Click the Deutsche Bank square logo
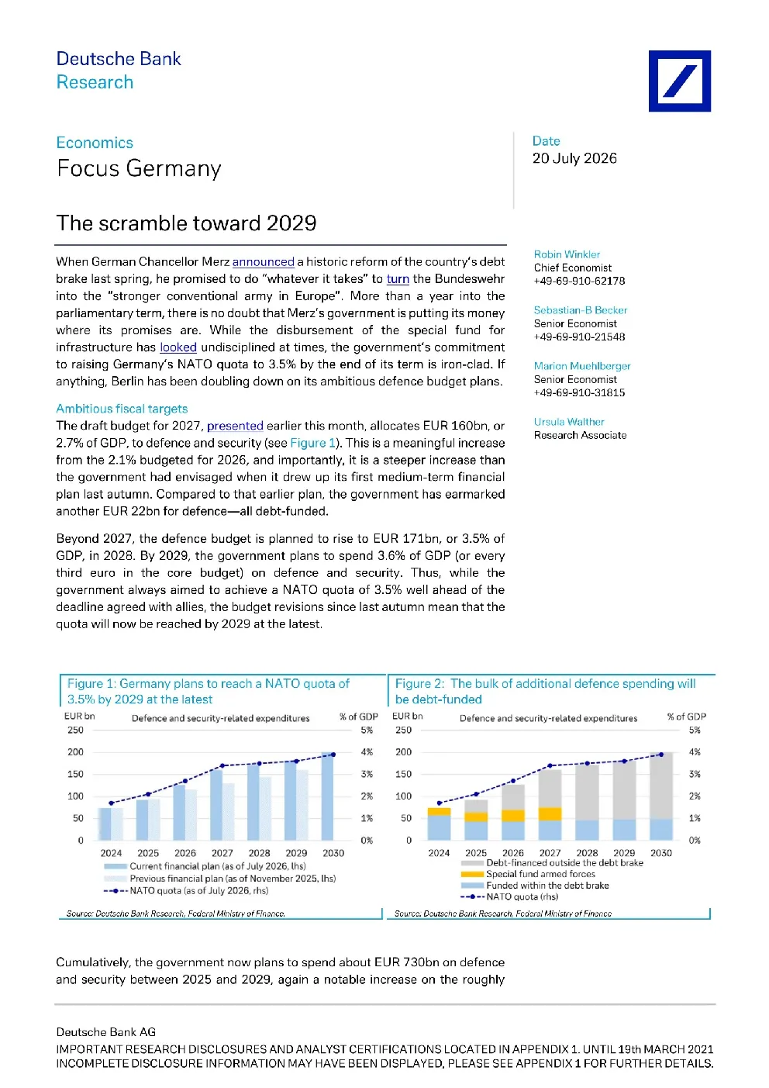[679, 81]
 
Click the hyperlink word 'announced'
[263, 262]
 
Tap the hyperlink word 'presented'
[235, 426]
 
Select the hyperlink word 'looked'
[178, 347]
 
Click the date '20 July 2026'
[574, 158]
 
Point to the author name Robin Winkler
[567, 254]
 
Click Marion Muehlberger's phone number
[579, 392]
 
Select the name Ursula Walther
[569, 422]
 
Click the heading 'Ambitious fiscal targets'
[122, 409]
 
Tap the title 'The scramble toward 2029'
[186, 223]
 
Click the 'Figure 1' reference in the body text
[312, 443]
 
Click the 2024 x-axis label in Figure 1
[111, 853]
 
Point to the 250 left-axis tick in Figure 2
[403, 730]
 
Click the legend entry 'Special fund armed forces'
[540, 874]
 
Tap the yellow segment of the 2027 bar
[550, 814]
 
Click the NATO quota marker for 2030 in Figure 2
[661, 755]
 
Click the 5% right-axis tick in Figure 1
[367, 730]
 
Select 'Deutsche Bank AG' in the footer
[106, 1032]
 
